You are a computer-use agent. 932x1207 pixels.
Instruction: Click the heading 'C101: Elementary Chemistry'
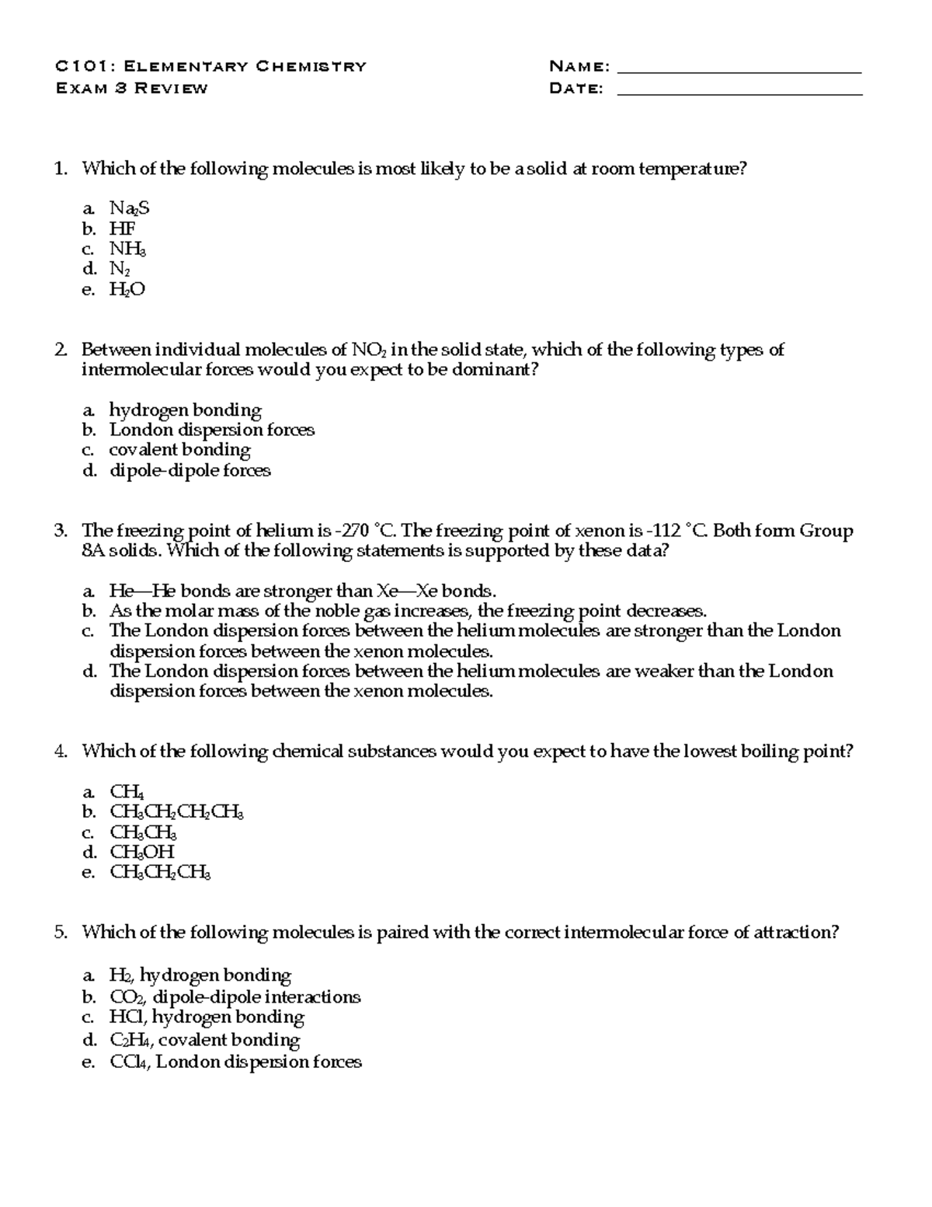point(210,66)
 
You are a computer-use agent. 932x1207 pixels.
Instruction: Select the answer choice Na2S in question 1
point(129,208)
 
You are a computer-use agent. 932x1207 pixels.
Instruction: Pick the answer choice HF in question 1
point(122,228)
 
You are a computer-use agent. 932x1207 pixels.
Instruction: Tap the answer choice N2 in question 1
point(120,269)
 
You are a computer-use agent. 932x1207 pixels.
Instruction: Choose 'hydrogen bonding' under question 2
point(185,410)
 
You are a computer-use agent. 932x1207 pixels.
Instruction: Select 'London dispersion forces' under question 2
point(211,430)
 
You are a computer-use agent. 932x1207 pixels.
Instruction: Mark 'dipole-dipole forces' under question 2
point(190,470)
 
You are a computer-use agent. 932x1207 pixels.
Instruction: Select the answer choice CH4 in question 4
point(127,792)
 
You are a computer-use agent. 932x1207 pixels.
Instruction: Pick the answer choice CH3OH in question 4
point(141,852)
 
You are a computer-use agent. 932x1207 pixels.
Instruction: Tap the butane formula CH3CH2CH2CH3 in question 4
point(176,812)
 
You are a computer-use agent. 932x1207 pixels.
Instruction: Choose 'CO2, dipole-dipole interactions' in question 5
point(235,996)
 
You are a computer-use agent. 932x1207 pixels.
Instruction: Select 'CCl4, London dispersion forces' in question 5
point(235,1062)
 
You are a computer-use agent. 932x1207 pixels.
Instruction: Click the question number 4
point(61,752)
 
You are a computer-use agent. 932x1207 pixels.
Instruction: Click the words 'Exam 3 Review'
point(131,88)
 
